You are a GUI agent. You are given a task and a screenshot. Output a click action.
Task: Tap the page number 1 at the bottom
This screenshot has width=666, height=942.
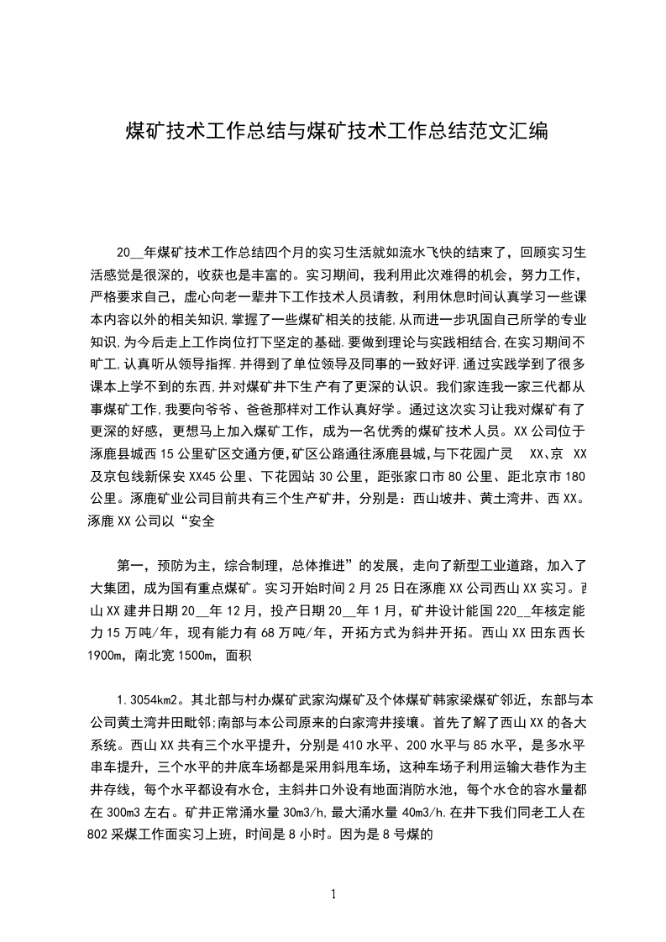(334, 894)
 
